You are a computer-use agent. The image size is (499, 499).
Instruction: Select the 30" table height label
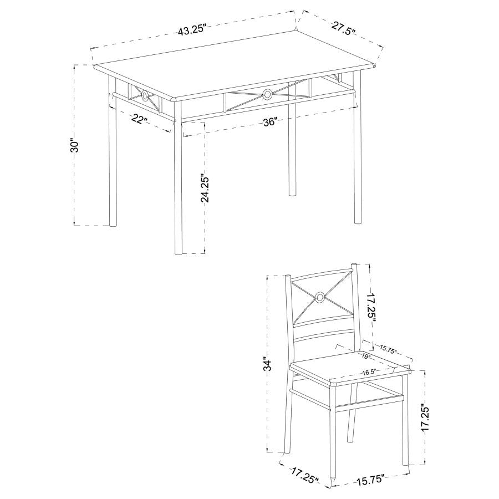pos(76,145)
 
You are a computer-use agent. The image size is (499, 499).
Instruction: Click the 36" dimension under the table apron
pos(270,123)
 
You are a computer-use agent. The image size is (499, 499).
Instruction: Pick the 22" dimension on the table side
pos(139,119)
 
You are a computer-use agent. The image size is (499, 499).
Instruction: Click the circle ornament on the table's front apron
pos(267,93)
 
